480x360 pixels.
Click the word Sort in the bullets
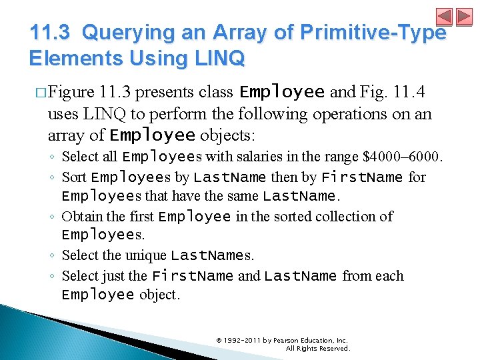tap(74, 177)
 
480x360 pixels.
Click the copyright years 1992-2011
tap(249, 340)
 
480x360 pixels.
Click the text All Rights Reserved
tap(317, 348)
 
